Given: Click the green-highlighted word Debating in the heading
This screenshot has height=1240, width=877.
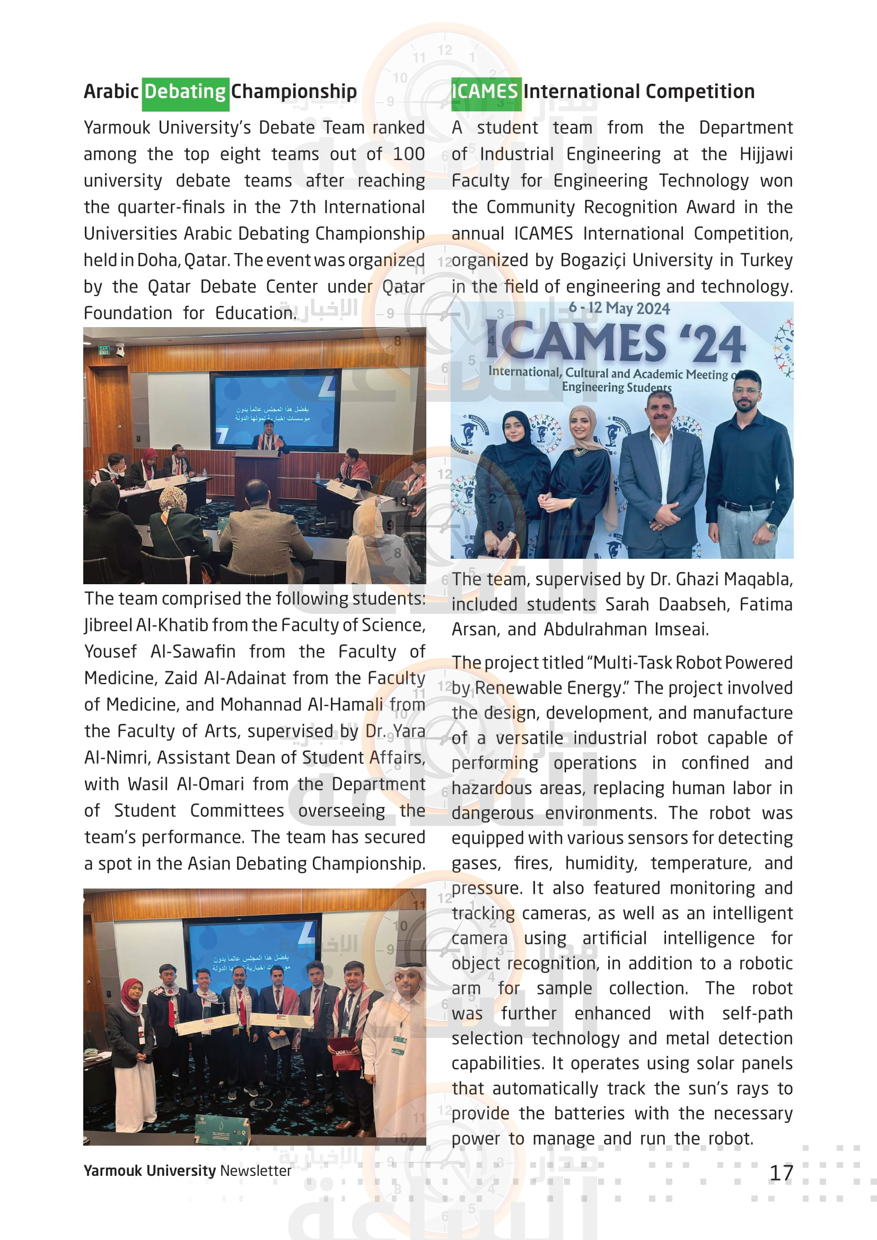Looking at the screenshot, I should [x=185, y=92].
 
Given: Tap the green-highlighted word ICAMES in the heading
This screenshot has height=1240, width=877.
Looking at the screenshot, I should [x=485, y=92].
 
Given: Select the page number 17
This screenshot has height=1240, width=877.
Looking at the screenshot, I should [x=781, y=1173].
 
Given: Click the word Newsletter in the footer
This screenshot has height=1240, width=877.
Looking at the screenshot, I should [x=256, y=1171].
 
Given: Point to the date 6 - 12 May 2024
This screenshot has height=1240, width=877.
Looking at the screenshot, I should [x=619, y=309].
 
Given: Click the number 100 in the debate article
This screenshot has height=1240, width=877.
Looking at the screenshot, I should [x=409, y=154].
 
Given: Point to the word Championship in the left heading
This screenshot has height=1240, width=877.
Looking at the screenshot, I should [x=294, y=92].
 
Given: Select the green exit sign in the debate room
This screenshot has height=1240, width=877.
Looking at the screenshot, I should [x=104, y=350].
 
